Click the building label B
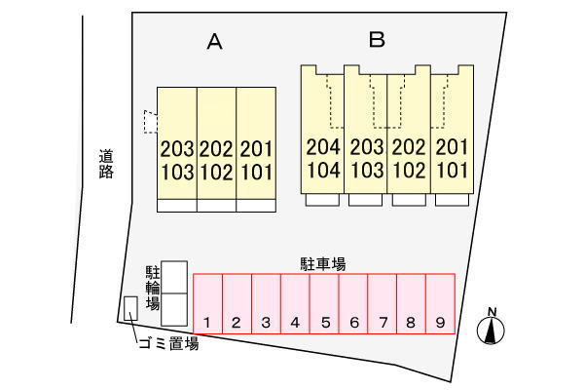(378, 40)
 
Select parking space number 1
(208, 305)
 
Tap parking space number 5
(325, 305)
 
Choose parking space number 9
(441, 305)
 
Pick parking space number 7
(383, 305)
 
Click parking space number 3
(266, 305)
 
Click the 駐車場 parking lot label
(324, 263)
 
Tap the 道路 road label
(106, 163)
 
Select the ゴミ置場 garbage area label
(167, 343)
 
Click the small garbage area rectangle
(130, 308)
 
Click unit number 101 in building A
(257, 173)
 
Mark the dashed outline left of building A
(149, 121)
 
